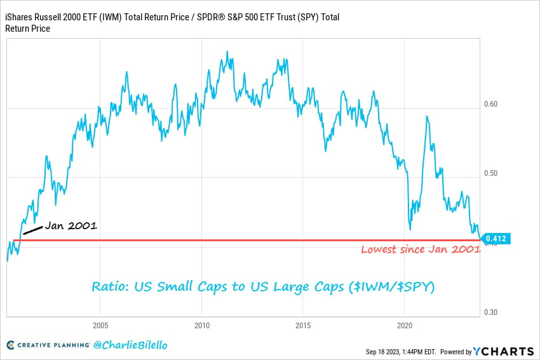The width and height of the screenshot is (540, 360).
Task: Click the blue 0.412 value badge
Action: (496, 239)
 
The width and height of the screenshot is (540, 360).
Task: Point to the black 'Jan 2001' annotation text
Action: (71, 225)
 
